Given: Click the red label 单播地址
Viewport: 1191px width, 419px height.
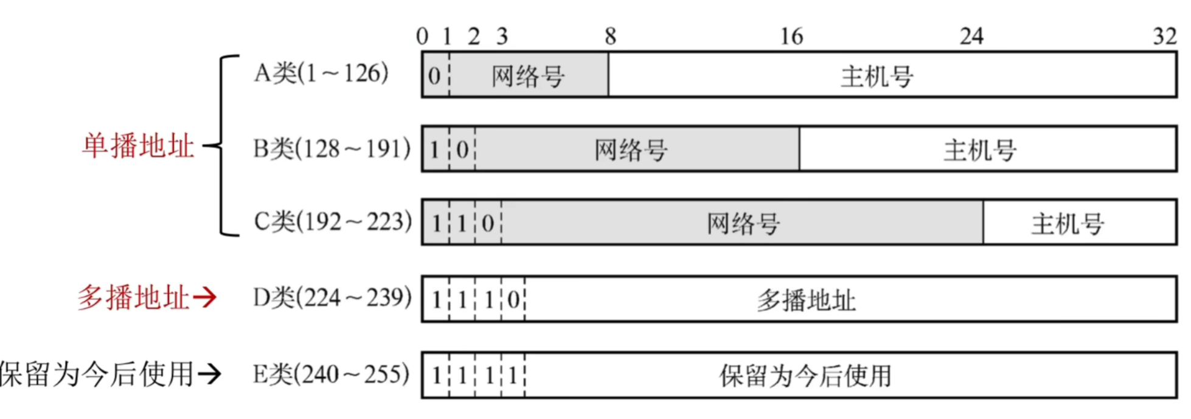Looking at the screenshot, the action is click(138, 147).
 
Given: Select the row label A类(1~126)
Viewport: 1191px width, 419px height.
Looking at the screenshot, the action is click(321, 74).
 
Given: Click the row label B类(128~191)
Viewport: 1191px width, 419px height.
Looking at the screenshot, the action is click(332, 148).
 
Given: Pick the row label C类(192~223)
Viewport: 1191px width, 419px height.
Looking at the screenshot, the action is click(333, 222).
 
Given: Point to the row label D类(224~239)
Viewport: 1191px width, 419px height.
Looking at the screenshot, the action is click(332, 298).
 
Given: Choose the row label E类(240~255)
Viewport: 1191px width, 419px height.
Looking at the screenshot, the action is click(331, 375).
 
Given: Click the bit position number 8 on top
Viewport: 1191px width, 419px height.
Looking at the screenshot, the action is click(610, 36).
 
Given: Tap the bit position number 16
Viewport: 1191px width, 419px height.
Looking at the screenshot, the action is click(791, 36).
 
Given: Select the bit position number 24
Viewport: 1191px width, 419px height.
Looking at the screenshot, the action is click(971, 36).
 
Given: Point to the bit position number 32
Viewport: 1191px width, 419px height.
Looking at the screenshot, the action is click(1165, 36).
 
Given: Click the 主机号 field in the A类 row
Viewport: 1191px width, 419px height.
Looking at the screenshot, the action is click(877, 77).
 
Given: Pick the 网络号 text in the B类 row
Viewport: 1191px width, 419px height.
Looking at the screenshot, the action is click(631, 150).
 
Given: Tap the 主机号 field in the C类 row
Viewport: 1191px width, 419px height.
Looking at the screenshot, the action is click(1068, 224).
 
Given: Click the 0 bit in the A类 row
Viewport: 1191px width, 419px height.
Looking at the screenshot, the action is click(434, 76).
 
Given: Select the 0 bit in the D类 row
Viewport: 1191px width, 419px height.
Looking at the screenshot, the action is click(513, 300).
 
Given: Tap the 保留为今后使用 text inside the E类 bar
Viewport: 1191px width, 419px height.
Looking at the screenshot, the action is click(805, 376).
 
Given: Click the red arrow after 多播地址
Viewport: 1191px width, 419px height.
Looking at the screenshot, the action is click(205, 298).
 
